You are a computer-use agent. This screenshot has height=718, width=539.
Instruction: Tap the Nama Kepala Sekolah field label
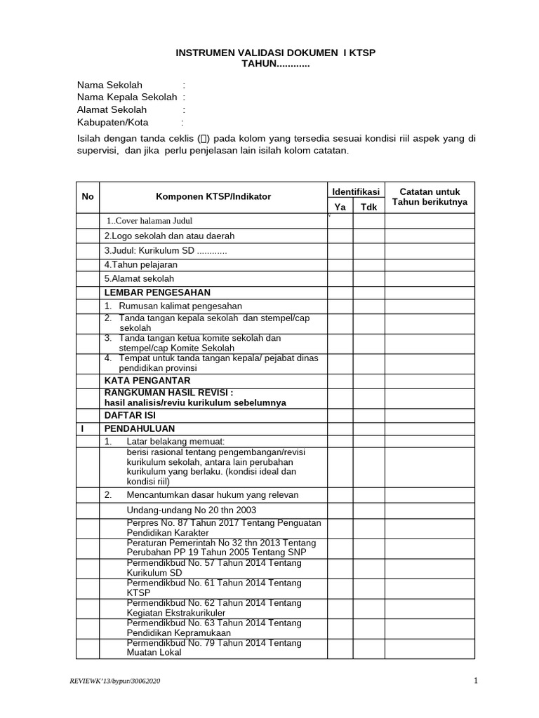pos(127,97)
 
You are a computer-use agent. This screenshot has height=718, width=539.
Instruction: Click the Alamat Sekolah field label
pos(112,110)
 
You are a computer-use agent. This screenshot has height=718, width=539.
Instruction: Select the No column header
pos(88,197)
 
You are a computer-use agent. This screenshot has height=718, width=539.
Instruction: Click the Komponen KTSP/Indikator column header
pos(213,197)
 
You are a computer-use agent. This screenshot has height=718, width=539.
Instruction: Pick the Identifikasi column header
pos(355,191)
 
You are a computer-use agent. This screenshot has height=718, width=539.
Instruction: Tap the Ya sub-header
pos(340,207)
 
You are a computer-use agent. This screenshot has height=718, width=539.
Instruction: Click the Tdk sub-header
pos(368,207)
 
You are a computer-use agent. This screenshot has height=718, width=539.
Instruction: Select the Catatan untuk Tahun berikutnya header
pos(430,197)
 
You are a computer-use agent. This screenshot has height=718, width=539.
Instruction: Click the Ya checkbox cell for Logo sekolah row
pos(340,236)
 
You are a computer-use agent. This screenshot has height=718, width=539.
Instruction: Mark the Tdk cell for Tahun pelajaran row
pos(368,265)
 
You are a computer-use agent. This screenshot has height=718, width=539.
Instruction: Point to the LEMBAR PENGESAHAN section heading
pos(157,292)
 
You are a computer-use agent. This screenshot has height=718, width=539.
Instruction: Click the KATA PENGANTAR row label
pos(147,380)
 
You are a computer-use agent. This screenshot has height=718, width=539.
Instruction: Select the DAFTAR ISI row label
pos(130,414)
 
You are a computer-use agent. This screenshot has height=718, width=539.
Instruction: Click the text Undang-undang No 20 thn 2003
pos(192,510)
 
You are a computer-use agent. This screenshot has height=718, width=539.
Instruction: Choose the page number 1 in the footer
pos(475,681)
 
